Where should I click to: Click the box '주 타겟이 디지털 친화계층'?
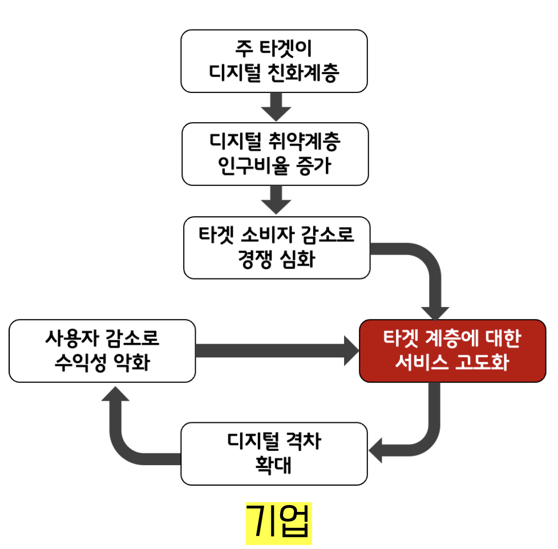tap(274, 60)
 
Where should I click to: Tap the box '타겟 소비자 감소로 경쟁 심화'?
tap(277, 247)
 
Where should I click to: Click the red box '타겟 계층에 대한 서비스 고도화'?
tap(452, 350)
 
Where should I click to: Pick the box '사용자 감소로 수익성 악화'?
tap(102, 350)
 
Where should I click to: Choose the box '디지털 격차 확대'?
tap(274, 453)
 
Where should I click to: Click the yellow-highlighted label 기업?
tap(279, 521)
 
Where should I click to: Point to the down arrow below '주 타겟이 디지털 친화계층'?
tap(276, 107)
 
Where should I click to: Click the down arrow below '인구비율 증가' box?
tap(276, 200)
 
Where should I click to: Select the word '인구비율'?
tap(254, 166)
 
